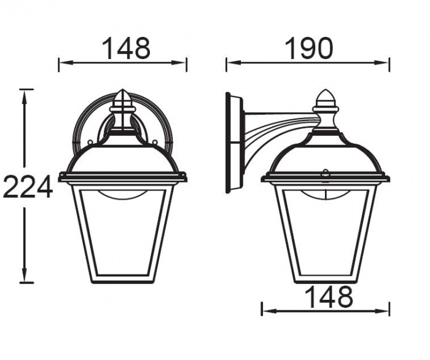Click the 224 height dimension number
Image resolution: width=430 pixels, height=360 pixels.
click(x=28, y=187)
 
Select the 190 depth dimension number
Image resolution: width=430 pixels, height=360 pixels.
click(x=309, y=49)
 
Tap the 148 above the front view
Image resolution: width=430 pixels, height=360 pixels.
click(x=127, y=49)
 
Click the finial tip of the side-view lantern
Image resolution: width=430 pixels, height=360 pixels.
click(x=325, y=90)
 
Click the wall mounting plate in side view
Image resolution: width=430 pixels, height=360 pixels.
click(x=234, y=143)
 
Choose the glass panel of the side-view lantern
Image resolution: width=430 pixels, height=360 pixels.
click(x=326, y=232)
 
